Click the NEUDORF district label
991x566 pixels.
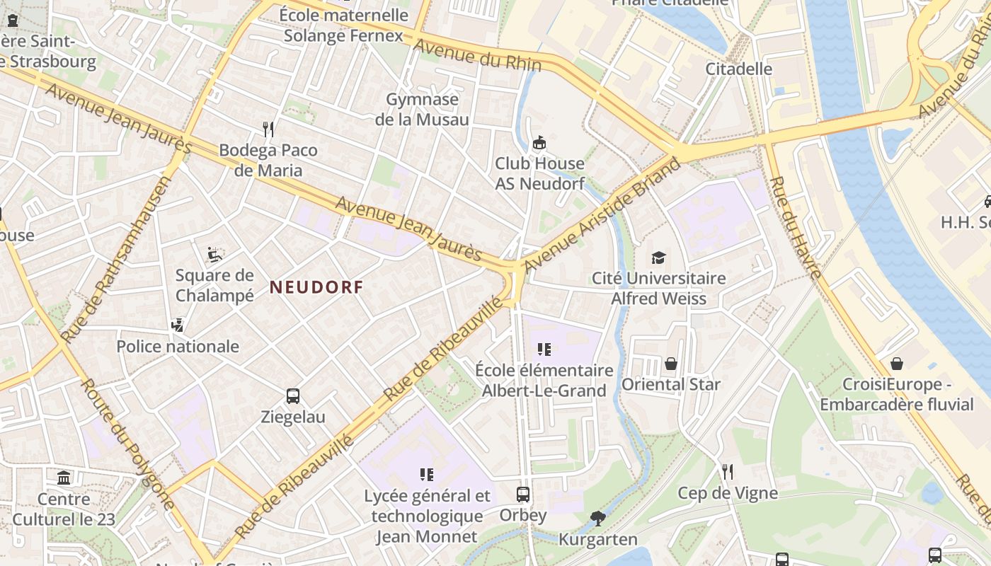tap(316, 287)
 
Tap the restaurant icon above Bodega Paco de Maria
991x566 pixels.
tap(268, 129)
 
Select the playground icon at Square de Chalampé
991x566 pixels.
tap(214, 254)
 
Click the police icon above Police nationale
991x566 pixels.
tap(178, 325)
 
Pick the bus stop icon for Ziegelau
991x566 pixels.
tap(293, 395)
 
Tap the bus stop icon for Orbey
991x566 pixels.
tap(523, 495)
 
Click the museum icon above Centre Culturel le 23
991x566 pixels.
tap(64, 478)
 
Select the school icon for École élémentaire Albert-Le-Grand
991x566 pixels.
tap(544, 349)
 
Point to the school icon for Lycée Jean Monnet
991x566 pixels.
tap(427, 474)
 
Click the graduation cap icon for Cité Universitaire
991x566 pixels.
tap(659, 257)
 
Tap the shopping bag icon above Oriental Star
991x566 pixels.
tap(671, 364)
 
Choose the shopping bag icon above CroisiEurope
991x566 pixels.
tap(897, 364)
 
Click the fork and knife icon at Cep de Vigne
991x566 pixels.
tap(728, 472)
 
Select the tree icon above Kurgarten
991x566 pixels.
tap(598, 519)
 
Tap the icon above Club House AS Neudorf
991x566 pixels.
tap(539, 142)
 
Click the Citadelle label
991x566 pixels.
tap(739, 69)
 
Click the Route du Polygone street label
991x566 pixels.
tap(127, 444)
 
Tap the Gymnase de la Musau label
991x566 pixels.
tap(423, 110)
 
